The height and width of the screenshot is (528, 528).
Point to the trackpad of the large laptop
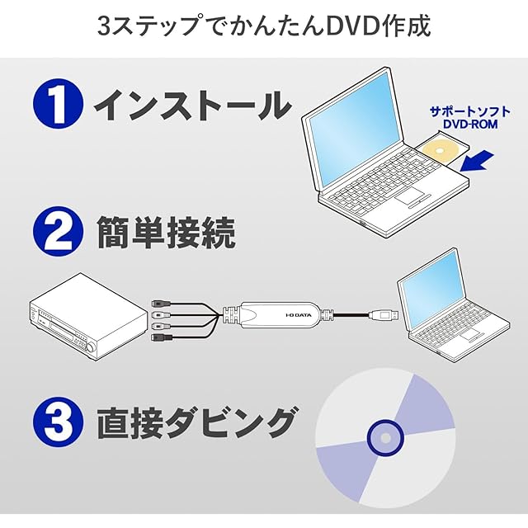coord(408,199)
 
